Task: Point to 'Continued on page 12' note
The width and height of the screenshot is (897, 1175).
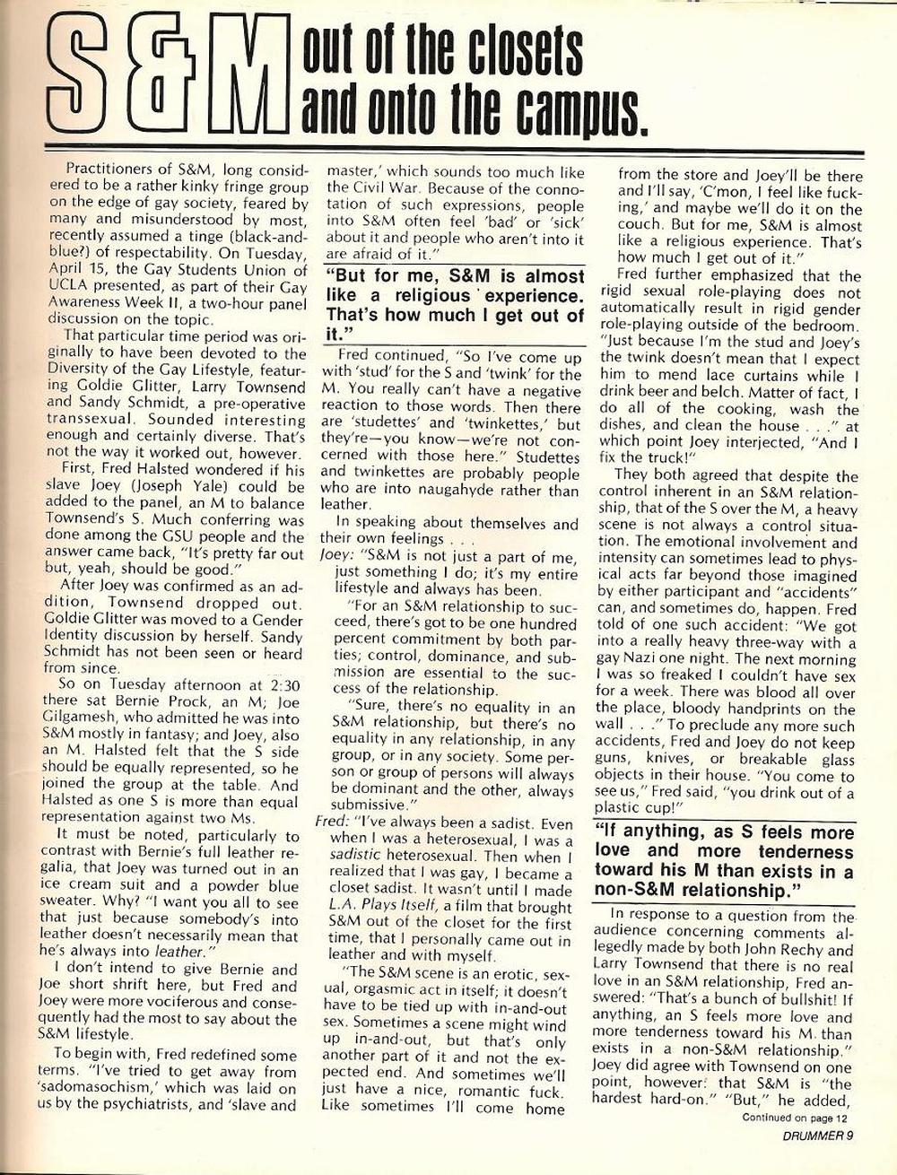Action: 795,1118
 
